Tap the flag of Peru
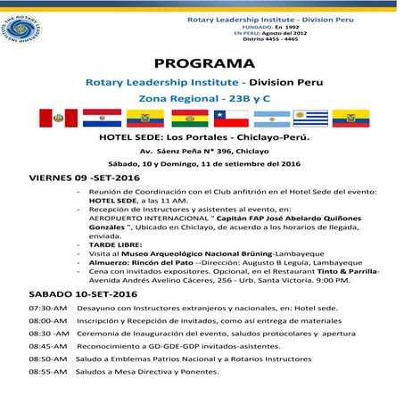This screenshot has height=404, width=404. (57, 117)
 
